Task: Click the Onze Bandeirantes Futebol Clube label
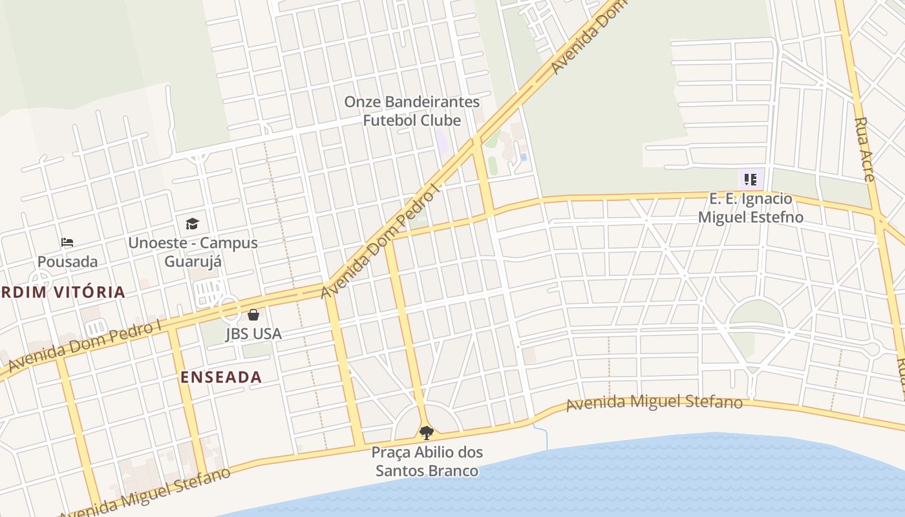point(412,111)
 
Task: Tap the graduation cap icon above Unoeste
point(192,224)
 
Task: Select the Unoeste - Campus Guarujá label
point(193,252)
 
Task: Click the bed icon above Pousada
point(67,243)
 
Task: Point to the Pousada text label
point(67,262)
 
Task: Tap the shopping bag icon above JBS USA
point(253,315)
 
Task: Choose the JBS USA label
point(253,333)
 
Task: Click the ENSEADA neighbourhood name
point(221,377)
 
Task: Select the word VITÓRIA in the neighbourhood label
point(89,292)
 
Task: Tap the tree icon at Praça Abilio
point(426,432)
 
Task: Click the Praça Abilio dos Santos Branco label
point(427,461)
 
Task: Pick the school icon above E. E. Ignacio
point(751,179)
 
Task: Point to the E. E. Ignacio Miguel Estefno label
point(751,207)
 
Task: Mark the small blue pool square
point(523,157)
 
